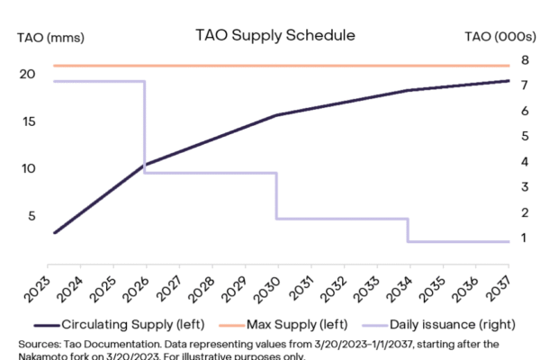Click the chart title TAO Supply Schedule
pyautogui.click(x=274, y=35)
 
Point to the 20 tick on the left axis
pyautogui.click(x=29, y=74)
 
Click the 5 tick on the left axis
pyautogui.click(x=34, y=215)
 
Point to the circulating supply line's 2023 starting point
pyautogui.click(x=55, y=232)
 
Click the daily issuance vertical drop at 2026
pyautogui.click(x=144, y=126)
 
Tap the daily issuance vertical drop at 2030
pyautogui.click(x=276, y=195)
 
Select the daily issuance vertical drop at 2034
pyautogui.click(x=408, y=229)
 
